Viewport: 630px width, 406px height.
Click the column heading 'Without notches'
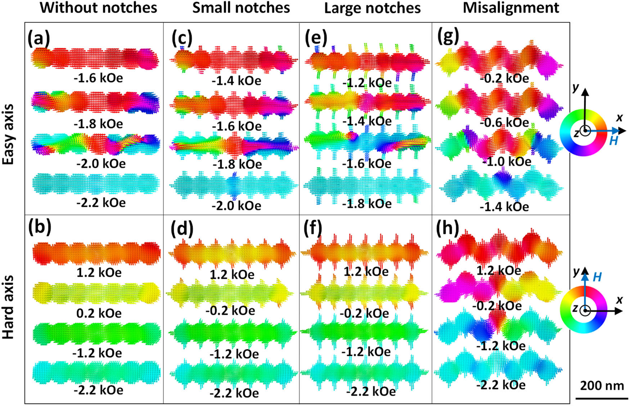pyautogui.click(x=98, y=8)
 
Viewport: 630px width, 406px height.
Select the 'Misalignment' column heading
pyautogui.click(x=511, y=8)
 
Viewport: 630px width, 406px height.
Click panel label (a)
pyautogui.click(x=39, y=38)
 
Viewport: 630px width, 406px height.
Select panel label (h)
pyautogui.click(x=447, y=228)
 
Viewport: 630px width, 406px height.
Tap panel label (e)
pyautogui.click(x=316, y=38)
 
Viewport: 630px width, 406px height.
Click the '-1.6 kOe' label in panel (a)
pyautogui.click(x=98, y=78)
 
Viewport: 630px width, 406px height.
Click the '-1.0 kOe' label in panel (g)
pyautogui.click(x=507, y=161)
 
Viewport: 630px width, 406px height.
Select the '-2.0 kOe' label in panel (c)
pyautogui.click(x=236, y=206)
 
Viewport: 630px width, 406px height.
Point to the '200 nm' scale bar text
pyautogui.click(x=602, y=385)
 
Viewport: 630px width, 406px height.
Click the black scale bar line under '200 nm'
pyautogui.click(x=602, y=398)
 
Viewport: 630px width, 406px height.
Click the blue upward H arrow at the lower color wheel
pyautogui.click(x=585, y=288)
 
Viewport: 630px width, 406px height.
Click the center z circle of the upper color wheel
pyautogui.click(x=585, y=131)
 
